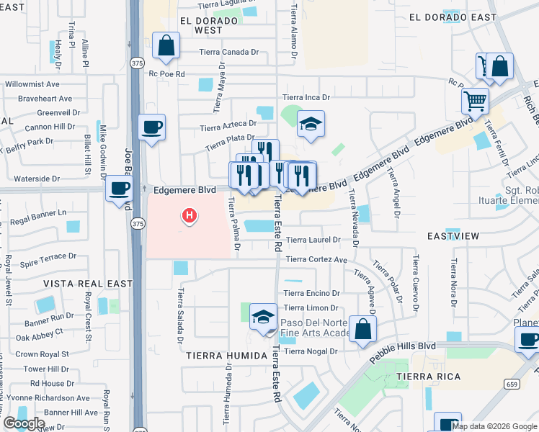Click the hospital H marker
(190, 215)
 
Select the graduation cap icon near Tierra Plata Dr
(311, 124)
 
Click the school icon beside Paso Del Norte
(263, 317)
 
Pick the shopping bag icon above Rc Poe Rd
(166, 46)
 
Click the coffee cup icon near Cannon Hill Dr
(151, 127)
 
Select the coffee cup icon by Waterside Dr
(119, 189)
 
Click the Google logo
(24, 423)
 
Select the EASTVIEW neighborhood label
(453, 236)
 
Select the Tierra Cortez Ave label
(316, 260)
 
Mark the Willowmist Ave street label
(32, 84)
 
